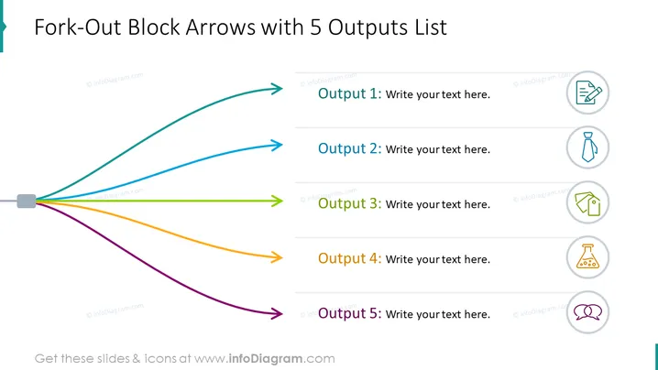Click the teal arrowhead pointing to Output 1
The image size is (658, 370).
pos(278,89)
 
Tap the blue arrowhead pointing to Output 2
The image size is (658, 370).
pos(278,145)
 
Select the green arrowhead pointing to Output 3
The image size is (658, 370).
pos(278,201)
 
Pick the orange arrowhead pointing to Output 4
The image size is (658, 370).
pos(278,256)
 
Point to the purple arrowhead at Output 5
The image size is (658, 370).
pos(278,313)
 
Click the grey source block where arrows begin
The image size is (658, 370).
pos(27,201)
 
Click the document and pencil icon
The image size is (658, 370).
pos(588,92)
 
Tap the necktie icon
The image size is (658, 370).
pos(588,147)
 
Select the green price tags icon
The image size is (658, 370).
pos(588,203)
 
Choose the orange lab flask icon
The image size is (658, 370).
pos(587,256)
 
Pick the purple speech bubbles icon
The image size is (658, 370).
pos(587,312)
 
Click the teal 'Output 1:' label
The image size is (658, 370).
pos(349,93)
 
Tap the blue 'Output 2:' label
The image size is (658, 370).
pos(349,148)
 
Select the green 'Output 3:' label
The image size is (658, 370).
pos(349,203)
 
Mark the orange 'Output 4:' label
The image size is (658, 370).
pos(349,258)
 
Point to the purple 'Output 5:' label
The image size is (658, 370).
pos(349,313)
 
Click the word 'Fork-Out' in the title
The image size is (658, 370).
pos(78,27)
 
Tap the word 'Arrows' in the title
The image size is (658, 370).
pos(220,27)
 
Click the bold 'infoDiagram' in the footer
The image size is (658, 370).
pos(266,359)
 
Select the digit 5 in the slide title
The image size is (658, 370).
pos(315,27)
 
